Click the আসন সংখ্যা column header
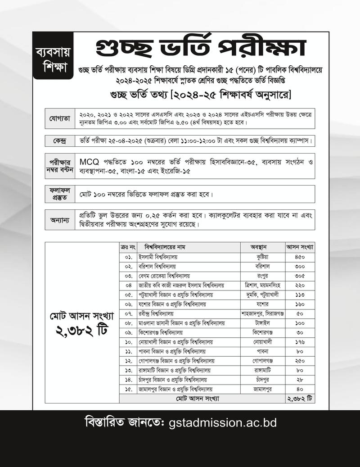(300, 247)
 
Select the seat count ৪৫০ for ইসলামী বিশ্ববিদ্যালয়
(300, 257)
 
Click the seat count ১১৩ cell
(300, 295)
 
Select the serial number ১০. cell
(128, 342)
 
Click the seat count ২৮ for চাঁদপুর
(300, 379)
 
